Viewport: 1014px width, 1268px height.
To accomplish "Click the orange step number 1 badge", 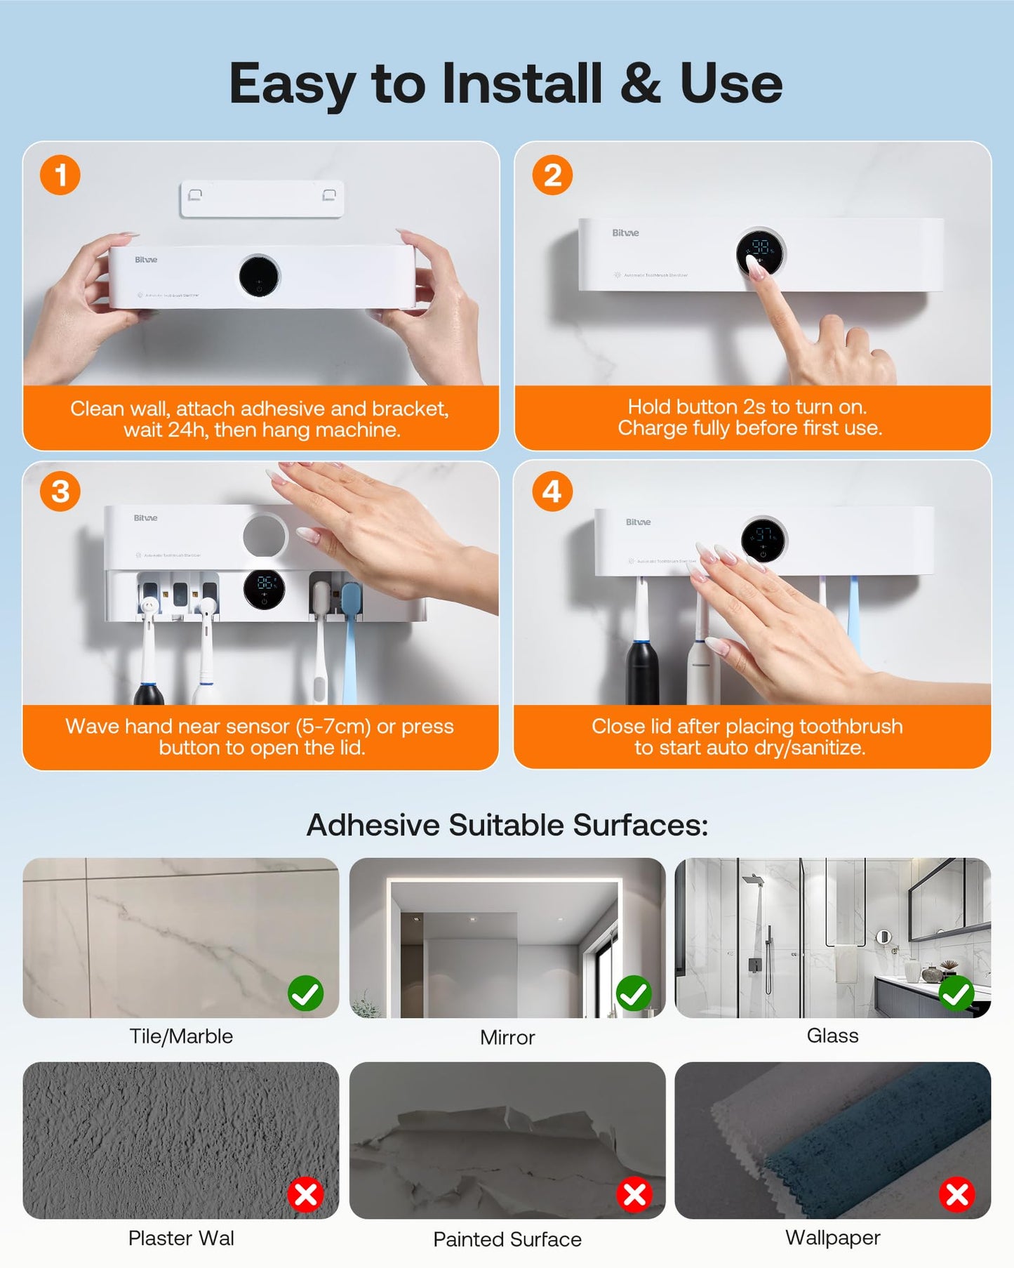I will [x=60, y=175].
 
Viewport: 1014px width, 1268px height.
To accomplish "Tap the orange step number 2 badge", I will [x=552, y=175].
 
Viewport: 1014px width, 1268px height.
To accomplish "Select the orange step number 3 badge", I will [x=60, y=491].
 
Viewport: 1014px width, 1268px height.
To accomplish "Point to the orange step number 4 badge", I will [x=552, y=491].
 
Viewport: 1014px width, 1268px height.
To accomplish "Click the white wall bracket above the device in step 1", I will [x=262, y=199].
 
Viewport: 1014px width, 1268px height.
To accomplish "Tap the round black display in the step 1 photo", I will [x=259, y=276].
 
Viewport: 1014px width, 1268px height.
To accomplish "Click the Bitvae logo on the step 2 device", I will [x=625, y=233].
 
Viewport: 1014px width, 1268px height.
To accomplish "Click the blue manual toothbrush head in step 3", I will [x=351, y=600].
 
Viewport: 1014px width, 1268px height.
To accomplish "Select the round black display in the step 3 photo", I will [x=264, y=589].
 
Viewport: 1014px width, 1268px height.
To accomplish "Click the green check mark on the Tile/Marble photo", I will [x=306, y=993].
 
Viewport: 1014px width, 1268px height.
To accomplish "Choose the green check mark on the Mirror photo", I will [x=634, y=993].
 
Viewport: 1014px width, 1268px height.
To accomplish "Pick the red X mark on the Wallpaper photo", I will [x=957, y=1194].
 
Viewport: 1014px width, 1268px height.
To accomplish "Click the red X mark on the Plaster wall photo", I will [x=306, y=1194].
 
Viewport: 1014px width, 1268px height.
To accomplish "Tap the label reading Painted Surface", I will [x=507, y=1239].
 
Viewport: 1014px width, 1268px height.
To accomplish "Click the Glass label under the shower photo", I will [x=832, y=1036].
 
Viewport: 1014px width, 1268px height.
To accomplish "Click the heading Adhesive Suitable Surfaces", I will [x=507, y=825].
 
